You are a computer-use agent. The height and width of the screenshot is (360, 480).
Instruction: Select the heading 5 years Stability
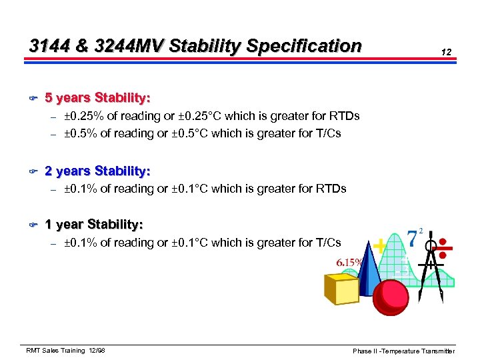coord(97,98)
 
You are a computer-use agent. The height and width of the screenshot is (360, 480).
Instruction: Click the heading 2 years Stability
coord(97,171)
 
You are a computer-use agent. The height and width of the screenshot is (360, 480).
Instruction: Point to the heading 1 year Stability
coord(93,225)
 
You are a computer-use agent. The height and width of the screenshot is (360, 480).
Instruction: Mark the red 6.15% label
coord(343,262)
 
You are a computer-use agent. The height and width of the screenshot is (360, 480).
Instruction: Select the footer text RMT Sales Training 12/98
coord(65,351)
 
